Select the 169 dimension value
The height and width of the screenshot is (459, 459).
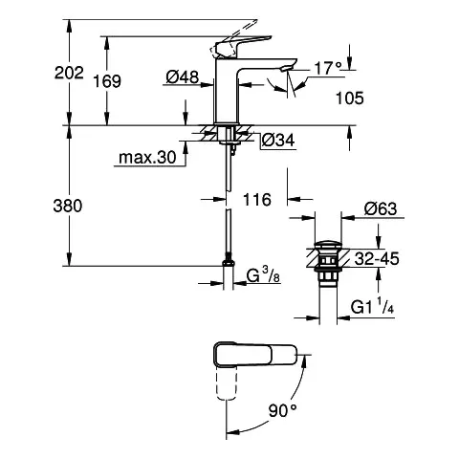[x=109, y=81]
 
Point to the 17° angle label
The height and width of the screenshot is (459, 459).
[x=328, y=69]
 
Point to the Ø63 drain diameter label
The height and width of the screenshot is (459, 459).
[x=380, y=207]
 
